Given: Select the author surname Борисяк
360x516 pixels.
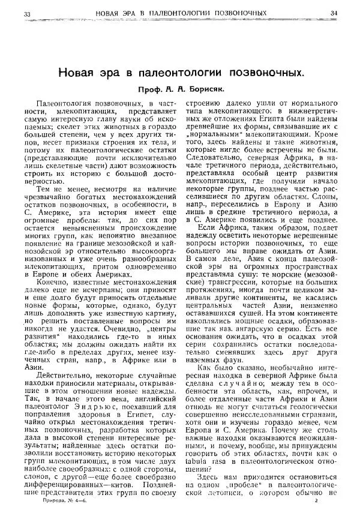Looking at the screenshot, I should (205, 93).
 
